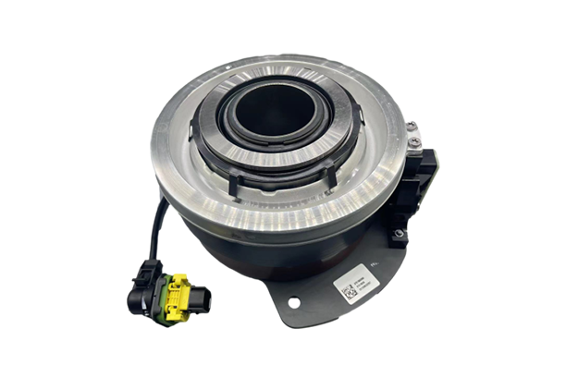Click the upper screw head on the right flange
pyautogui.click(x=415, y=141)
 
